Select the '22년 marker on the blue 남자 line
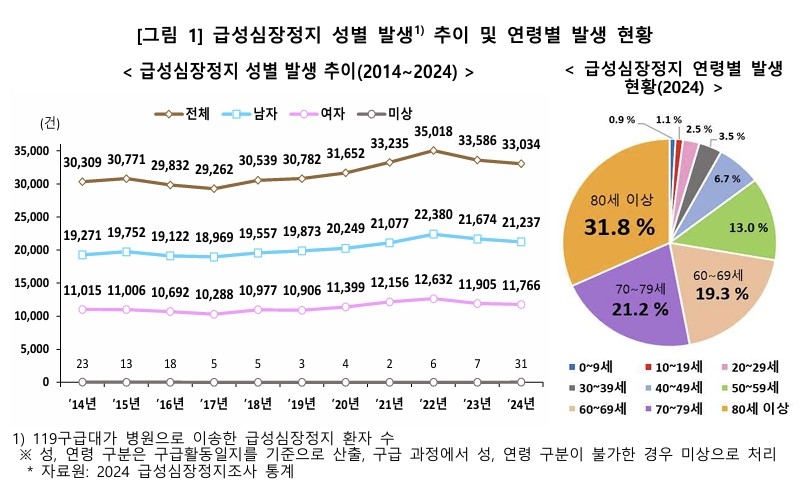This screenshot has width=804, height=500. click(x=433, y=234)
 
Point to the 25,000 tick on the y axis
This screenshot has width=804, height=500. click(x=33, y=217)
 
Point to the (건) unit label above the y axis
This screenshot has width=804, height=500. click(x=49, y=124)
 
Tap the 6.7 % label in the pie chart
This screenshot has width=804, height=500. click(x=728, y=178)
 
